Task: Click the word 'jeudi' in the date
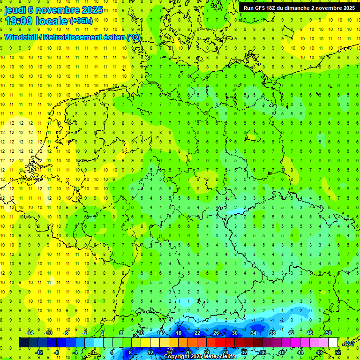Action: (15, 10)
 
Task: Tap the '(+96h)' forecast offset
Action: (81, 21)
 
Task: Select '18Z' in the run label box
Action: (273, 8)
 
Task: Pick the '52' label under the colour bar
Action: (338, 352)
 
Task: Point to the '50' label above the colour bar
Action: (329, 333)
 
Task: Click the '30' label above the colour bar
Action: (235, 333)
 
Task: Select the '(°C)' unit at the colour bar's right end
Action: (349, 343)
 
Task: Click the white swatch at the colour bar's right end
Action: (333, 343)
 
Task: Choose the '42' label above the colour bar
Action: (291, 333)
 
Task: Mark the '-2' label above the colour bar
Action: (85, 333)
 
